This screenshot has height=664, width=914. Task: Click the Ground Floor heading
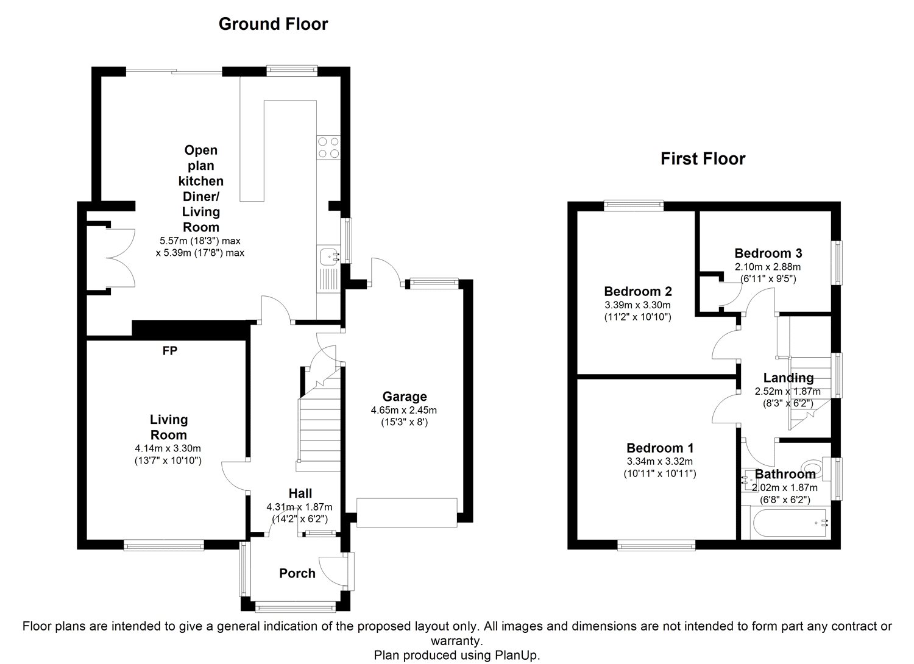(273, 24)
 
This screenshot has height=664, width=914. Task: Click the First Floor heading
(703, 158)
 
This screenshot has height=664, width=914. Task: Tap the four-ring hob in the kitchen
(328, 147)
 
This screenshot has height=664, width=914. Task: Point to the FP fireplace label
(170, 351)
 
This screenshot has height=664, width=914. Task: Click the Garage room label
(405, 397)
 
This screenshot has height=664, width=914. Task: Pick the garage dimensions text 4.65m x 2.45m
(403, 410)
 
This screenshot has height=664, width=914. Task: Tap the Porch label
(297, 573)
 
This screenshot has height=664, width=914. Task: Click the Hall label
(300, 493)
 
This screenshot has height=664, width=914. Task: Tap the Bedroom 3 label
(768, 253)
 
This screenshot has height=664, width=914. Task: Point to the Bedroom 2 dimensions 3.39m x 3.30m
(637, 305)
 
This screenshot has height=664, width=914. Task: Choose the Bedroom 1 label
(660, 448)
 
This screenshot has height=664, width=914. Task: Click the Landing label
(788, 378)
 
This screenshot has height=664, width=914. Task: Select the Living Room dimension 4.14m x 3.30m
(168, 448)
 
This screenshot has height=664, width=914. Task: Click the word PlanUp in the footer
(517, 655)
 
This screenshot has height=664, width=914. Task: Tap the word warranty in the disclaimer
(456, 641)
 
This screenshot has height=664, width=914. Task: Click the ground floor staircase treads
(320, 428)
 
